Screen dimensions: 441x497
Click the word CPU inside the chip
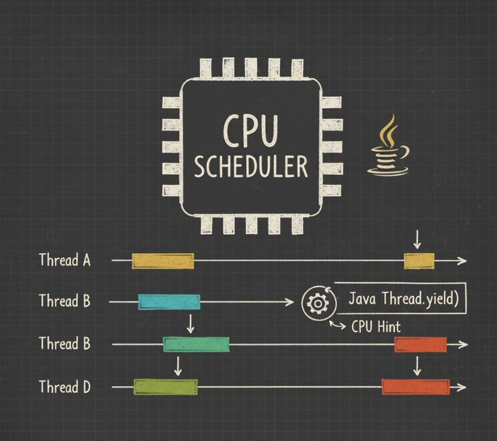pyautogui.click(x=251, y=131)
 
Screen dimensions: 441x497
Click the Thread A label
pyautogui.click(x=65, y=260)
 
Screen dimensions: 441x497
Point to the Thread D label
pyautogui.click(x=65, y=387)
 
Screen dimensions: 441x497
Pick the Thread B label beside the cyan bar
pyautogui.click(x=65, y=301)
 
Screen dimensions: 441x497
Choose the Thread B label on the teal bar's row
pyautogui.click(x=65, y=344)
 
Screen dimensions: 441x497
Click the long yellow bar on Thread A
pyautogui.click(x=162, y=261)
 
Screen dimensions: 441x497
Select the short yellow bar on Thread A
pyautogui.click(x=419, y=260)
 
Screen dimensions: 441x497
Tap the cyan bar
pyautogui.click(x=169, y=302)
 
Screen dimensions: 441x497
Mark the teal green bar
pyautogui.click(x=196, y=345)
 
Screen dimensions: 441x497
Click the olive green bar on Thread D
pyautogui.click(x=165, y=387)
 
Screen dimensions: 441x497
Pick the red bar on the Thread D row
pyautogui.click(x=415, y=387)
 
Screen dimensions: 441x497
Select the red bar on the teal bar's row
pyautogui.click(x=420, y=345)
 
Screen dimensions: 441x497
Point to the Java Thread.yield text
pyautogui.click(x=403, y=299)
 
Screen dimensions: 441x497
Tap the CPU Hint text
pyautogui.click(x=375, y=327)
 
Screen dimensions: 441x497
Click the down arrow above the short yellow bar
pyautogui.click(x=417, y=240)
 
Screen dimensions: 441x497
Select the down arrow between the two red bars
pyautogui.click(x=417, y=366)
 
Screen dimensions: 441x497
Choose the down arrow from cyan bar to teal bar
pyautogui.click(x=189, y=323)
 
